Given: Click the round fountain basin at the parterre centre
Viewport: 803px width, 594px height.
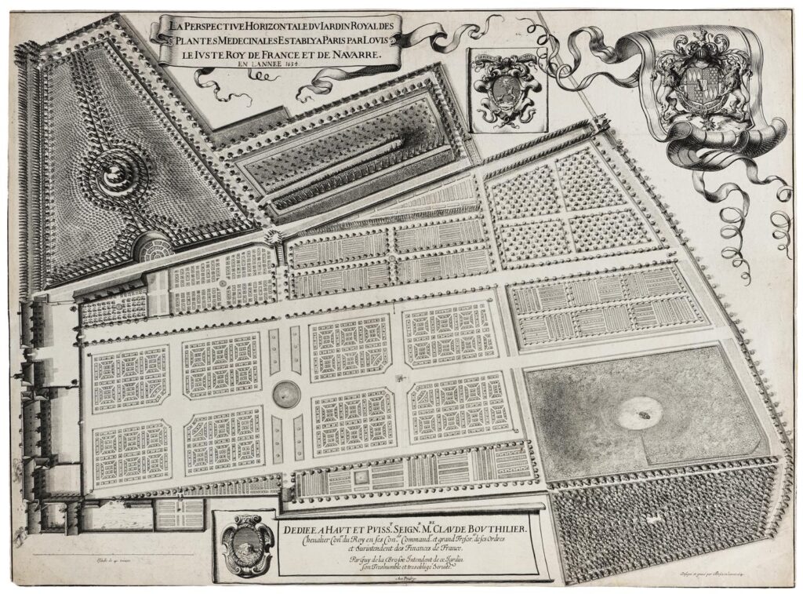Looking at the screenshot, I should point(285,390).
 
